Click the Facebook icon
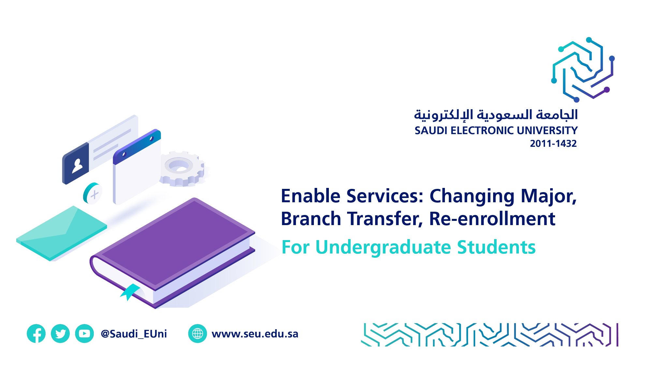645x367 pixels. pos(36,333)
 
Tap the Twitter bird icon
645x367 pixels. pos(60,333)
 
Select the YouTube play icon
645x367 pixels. pos(84,333)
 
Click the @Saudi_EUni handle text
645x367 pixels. pos(134,334)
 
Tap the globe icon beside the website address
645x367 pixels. pos(198,333)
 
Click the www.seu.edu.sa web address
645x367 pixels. pos(255,334)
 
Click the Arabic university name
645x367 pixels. pos(496,115)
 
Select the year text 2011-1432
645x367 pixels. pos(553,144)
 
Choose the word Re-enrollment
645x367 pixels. pos(492,219)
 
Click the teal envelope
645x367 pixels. pos(62,233)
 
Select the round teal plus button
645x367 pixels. pos(93,193)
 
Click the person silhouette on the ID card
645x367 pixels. pos(77,166)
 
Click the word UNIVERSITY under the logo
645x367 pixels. pos(547,130)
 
